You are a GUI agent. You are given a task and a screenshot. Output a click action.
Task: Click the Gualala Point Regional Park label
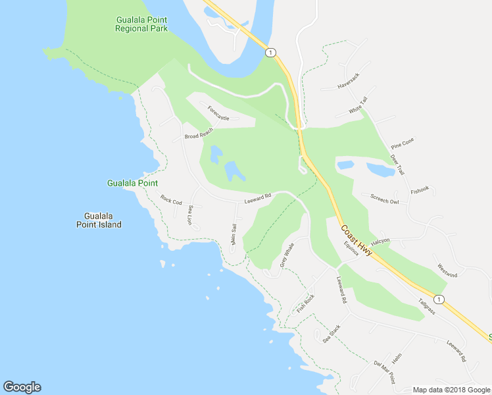pyautogui.click(x=141, y=24)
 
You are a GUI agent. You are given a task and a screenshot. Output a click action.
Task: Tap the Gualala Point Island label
pyautogui.click(x=103, y=220)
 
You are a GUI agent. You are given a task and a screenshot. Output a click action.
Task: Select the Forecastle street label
pyautogui.click(x=218, y=113)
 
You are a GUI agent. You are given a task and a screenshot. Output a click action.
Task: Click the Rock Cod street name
pyautogui.click(x=171, y=200)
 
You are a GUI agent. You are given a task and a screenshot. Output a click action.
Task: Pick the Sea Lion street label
pyautogui.click(x=190, y=215)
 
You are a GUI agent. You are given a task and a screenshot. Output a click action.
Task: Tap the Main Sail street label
pyautogui.click(x=234, y=235)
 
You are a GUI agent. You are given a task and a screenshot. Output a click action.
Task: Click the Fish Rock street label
pyautogui.click(x=306, y=303)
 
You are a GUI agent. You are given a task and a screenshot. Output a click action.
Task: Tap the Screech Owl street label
pyautogui.click(x=385, y=199)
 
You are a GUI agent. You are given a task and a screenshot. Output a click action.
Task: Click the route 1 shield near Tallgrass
pyautogui.click(x=439, y=300)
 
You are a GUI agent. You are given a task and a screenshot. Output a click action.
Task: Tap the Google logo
pyautogui.click(x=22, y=387)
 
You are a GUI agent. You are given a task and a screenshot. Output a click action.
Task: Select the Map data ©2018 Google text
pyautogui.click(x=452, y=390)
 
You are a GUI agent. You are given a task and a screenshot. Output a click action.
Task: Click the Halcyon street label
pyautogui.click(x=380, y=241)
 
